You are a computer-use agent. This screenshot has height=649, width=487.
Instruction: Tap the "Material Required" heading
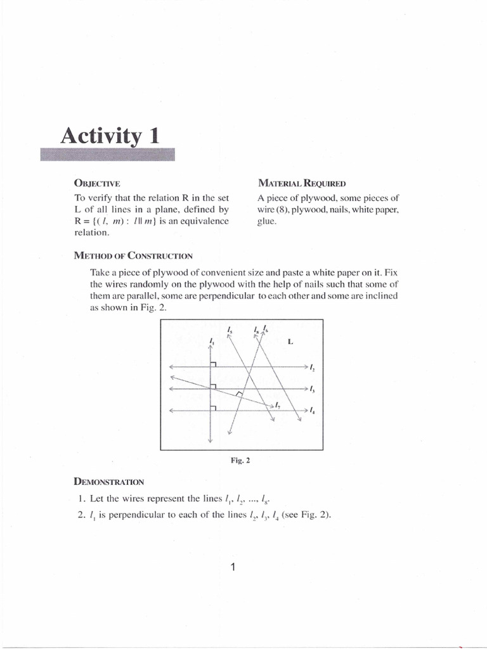(301, 184)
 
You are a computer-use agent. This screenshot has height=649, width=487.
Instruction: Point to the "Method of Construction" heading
(133, 255)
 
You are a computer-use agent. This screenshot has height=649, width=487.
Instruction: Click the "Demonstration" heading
(110, 482)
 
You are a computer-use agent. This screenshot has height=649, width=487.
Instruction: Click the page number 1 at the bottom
(233, 568)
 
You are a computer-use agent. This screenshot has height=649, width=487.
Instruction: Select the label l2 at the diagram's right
(313, 367)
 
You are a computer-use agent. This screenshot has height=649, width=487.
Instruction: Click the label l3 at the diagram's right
(313, 389)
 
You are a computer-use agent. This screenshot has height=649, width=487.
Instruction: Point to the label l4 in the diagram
(313, 411)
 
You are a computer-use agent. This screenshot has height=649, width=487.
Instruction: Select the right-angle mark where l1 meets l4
(214, 408)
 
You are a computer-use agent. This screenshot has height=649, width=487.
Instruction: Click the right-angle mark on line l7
(239, 394)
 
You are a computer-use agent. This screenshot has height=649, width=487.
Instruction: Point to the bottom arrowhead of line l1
(210, 440)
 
